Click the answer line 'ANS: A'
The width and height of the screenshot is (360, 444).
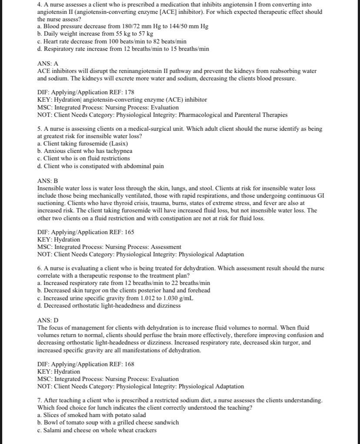tap(47, 63)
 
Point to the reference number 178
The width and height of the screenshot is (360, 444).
tap(129, 92)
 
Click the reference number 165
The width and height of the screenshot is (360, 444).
tap(129, 232)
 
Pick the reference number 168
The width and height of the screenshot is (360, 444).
tap(129, 364)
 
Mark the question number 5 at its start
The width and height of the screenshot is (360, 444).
tap(39, 129)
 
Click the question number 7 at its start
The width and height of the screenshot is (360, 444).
tap(39, 400)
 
